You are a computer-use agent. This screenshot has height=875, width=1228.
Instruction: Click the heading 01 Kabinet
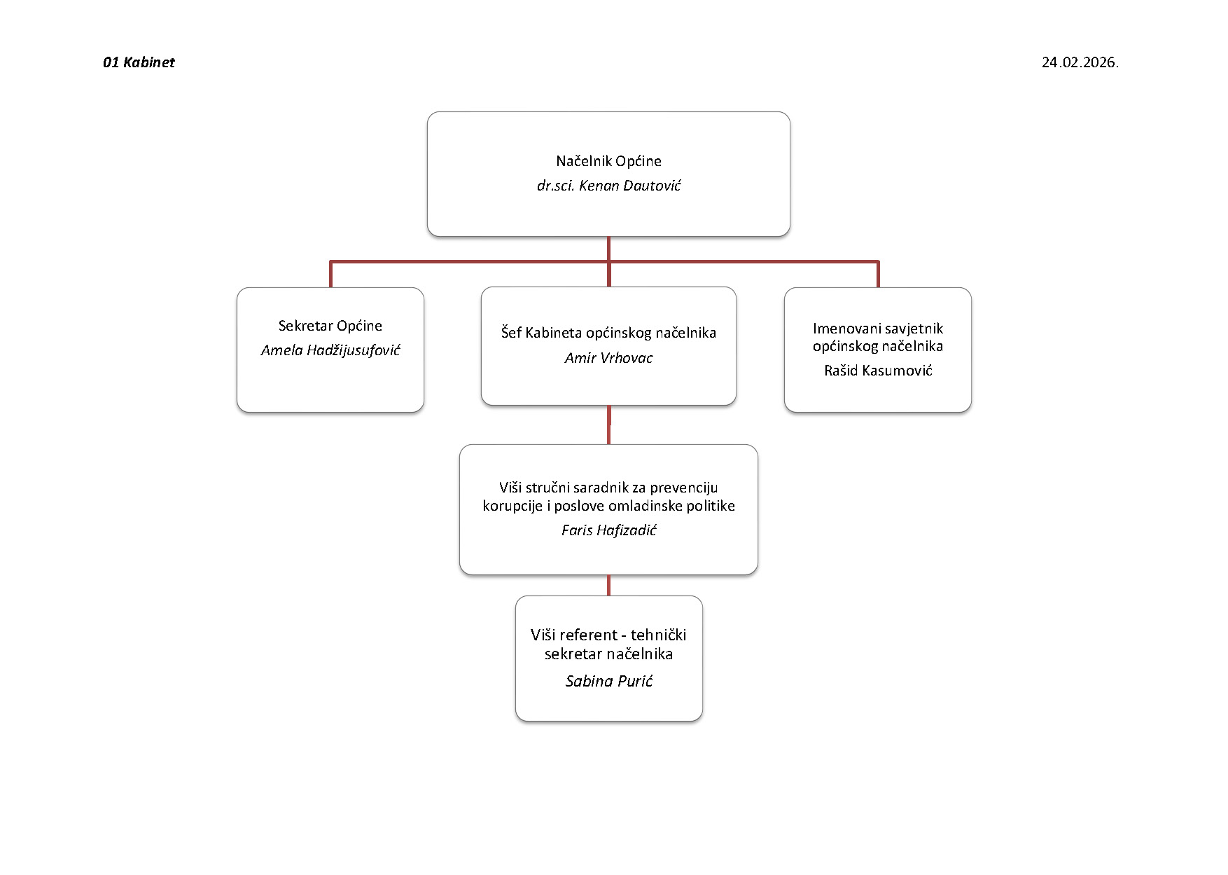(x=139, y=62)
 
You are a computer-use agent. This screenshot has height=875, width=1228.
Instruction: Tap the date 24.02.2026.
(x=1080, y=62)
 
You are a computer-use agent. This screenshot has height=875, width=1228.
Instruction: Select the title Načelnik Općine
(x=608, y=161)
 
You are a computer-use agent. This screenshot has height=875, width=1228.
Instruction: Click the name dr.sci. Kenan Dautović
(x=608, y=186)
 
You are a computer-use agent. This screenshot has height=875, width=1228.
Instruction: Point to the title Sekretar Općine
(x=330, y=326)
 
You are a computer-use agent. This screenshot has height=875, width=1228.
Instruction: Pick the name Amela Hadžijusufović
(x=330, y=350)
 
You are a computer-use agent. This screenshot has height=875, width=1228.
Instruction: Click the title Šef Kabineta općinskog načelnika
(x=608, y=333)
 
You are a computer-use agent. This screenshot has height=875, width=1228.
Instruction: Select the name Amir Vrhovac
(x=608, y=358)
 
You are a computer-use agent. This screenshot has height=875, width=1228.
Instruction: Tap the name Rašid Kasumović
(x=878, y=371)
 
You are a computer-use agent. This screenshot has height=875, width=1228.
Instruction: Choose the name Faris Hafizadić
(x=608, y=530)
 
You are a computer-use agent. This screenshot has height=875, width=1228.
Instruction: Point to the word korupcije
(x=512, y=507)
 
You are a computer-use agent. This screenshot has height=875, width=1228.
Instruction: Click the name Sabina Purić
(x=608, y=681)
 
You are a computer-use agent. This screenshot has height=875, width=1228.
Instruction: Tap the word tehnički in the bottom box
(x=658, y=635)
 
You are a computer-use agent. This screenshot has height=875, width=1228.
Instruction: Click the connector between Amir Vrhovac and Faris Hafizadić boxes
(x=608, y=425)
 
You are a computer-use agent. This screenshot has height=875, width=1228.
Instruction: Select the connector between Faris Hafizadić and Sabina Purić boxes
(x=608, y=586)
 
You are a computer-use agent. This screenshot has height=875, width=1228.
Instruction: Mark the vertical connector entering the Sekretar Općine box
(x=330, y=274)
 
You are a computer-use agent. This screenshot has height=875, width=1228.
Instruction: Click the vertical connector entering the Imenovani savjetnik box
(x=878, y=274)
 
